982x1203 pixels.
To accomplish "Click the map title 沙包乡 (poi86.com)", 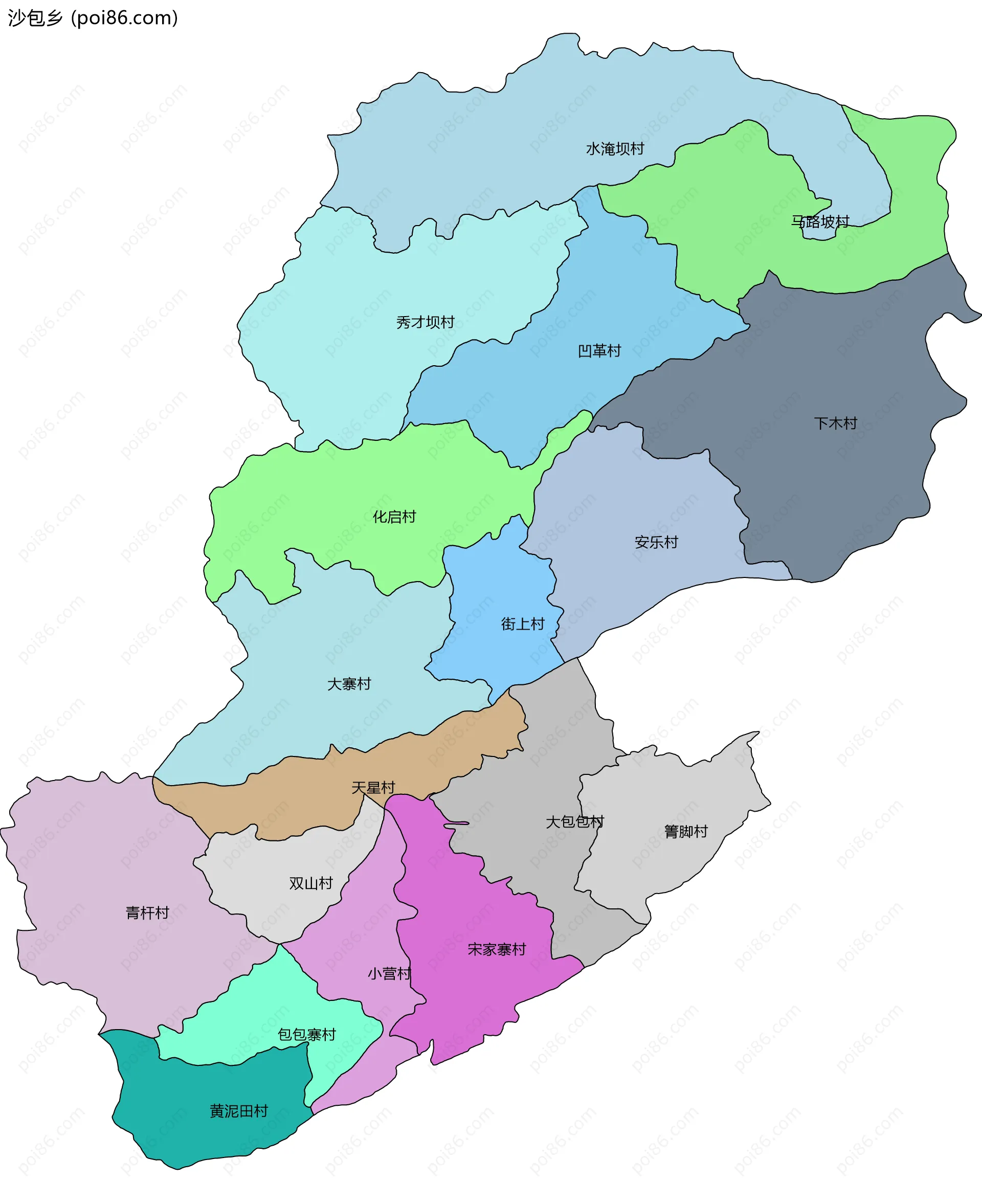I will (93, 18).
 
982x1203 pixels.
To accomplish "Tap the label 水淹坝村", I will (615, 149).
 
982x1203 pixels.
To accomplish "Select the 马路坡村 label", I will (820, 221).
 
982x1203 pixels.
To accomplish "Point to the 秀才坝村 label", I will (426, 322).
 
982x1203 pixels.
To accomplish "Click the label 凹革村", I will (599, 351).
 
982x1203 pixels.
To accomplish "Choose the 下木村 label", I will (836, 423).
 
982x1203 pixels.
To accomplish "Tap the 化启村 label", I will (394, 517).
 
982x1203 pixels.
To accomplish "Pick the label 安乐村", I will (656, 542).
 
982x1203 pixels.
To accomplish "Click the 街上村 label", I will (523, 624).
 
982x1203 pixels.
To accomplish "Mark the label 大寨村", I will (349, 684).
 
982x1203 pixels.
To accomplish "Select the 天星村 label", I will (373, 788).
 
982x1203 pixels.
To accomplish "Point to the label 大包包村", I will (575, 822).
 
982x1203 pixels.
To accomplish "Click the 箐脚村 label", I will (685, 832).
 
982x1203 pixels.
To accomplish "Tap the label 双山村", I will (311, 883).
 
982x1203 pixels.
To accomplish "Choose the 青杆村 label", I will (147, 912).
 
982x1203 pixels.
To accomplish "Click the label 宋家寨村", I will (497, 949).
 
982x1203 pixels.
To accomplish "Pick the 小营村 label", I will (389, 973).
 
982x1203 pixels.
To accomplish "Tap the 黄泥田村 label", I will (239, 1111).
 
